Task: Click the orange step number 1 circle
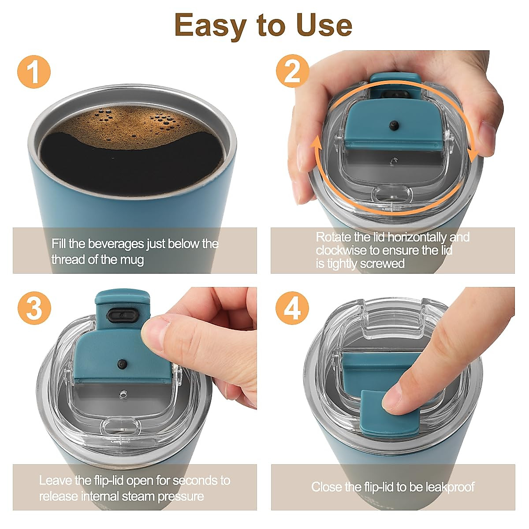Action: point(34,72)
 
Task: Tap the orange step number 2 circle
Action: point(293,71)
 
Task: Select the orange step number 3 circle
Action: point(34,308)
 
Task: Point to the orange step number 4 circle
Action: point(292,308)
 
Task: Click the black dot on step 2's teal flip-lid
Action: point(394,125)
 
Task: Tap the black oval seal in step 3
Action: point(122,315)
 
